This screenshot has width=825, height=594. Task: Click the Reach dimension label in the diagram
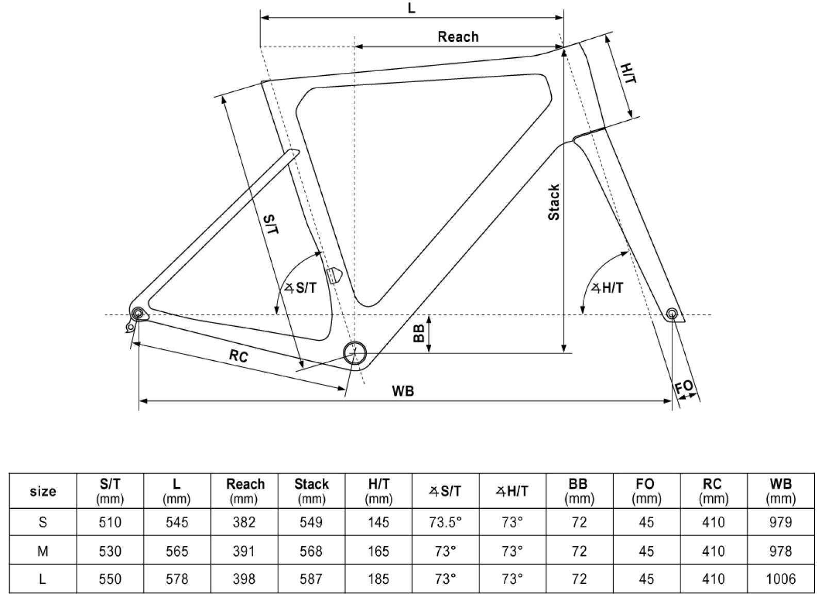[458, 37]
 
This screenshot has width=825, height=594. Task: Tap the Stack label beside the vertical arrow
[553, 202]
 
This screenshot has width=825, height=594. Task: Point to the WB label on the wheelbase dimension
[403, 391]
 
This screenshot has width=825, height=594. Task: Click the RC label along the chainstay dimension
[238, 356]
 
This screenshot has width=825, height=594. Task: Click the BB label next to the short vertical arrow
[419, 333]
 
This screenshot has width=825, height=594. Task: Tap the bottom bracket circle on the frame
[355, 352]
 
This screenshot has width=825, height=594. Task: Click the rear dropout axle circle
[138, 314]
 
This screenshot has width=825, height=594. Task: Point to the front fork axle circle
[671, 313]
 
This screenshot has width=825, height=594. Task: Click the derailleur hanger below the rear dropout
[130, 327]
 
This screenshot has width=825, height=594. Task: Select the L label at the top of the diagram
[411, 9]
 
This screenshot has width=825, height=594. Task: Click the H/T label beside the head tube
[628, 74]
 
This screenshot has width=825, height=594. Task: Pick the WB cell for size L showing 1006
[780, 579]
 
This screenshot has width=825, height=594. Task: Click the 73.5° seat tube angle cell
[445, 522]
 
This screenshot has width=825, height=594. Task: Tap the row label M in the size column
[43, 551]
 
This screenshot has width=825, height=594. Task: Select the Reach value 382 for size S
[244, 522]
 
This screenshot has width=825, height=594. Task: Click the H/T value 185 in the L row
[378, 579]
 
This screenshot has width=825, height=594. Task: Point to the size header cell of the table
[43, 491]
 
